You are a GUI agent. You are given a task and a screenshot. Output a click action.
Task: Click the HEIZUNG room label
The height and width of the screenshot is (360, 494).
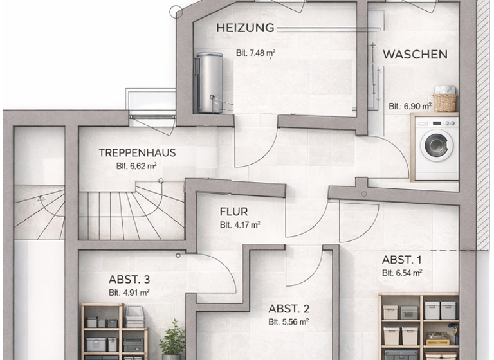click(x=245, y=28)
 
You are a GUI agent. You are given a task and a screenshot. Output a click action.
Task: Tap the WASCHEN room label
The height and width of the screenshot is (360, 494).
click(x=415, y=55)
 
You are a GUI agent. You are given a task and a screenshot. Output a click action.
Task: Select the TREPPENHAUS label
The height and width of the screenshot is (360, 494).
click(x=137, y=153)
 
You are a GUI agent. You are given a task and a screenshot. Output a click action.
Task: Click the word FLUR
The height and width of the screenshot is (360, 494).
click(x=233, y=212)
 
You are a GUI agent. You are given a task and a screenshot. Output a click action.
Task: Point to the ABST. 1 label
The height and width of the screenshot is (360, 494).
click(x=402, y=260)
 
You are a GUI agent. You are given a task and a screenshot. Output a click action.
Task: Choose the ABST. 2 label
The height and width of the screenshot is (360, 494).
click(x=289, y=307)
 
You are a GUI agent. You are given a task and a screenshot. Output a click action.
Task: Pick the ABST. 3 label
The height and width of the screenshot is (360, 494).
click(x=129, y=279)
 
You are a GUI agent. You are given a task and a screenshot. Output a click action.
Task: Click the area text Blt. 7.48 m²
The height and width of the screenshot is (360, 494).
click(x=255, y=53)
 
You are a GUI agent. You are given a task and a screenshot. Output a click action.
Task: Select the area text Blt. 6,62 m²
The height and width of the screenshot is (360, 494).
click(x=137, y=165)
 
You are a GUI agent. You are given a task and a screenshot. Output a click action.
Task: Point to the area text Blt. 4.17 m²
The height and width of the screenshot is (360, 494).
click(x=240, y=225)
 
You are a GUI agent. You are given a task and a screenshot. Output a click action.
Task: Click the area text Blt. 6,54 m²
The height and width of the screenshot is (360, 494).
click(x=402, y=273)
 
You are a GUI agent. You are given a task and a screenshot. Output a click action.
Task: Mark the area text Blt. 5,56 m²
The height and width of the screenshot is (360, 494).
click(x=289, y=321)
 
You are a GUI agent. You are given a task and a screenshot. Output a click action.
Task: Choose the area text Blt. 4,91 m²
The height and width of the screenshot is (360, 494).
click(x=129, y=292)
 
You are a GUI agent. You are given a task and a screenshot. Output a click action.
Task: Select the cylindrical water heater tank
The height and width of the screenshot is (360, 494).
click(x=208, y=82)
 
